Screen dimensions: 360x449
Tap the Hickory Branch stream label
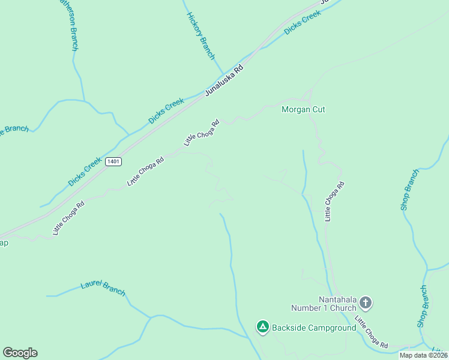(200, 35)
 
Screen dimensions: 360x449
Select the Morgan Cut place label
(303, 109)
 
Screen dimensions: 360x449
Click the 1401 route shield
(113, 161)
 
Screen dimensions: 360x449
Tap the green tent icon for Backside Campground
(262, 327)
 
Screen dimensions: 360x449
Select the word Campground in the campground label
(331, 328)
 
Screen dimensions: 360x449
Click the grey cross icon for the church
(366, 303)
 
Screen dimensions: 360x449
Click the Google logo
(20, 353)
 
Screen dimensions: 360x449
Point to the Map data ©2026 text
(423, 355)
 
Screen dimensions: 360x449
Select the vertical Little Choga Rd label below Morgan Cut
(334, 202)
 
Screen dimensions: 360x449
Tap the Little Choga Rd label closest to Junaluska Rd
(202, 133)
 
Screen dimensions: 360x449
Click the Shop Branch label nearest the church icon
(423, 306)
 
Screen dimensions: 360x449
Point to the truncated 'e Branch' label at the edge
(14, 130)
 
